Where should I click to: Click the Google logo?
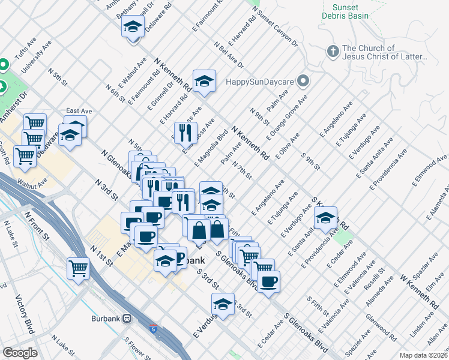(x=20, y=353)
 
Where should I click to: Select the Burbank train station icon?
(x=127, y=318)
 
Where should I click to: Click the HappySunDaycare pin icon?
(x=304, y=80)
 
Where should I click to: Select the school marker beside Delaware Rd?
(x=133, y=26)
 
